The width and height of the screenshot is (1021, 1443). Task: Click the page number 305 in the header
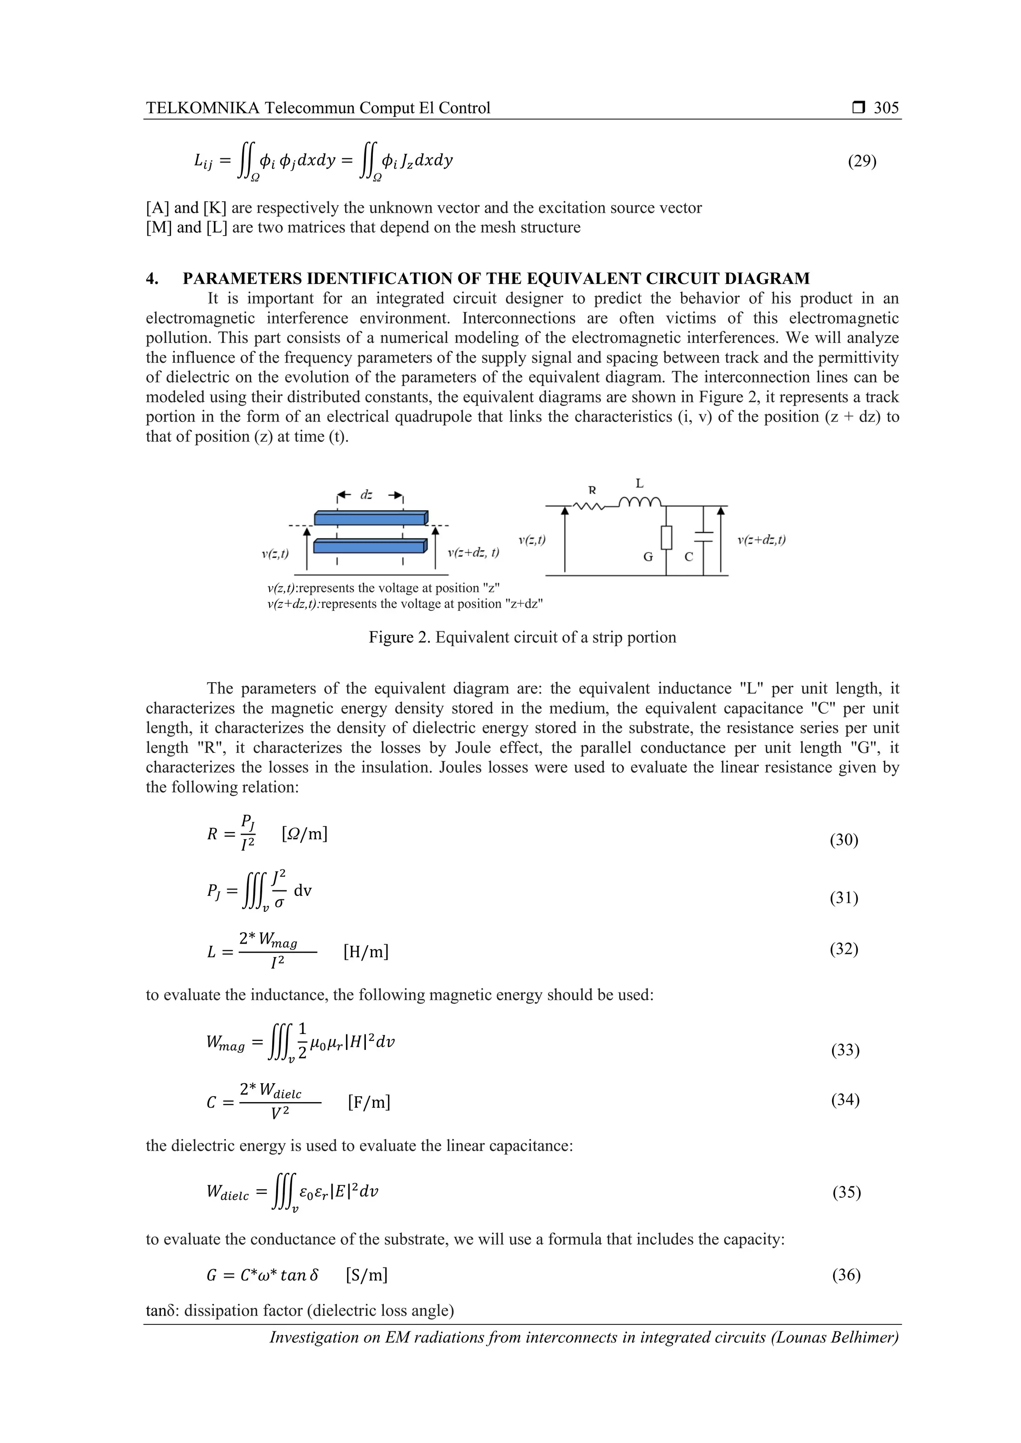[886, 108]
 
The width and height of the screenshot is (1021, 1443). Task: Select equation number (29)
[862, 161]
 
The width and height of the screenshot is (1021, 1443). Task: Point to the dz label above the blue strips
[366, 495]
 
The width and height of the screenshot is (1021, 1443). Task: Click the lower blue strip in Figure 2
[370, 546]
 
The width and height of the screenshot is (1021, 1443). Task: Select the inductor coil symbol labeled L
[640, 502]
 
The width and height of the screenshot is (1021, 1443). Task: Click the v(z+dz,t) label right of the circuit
[761, 540]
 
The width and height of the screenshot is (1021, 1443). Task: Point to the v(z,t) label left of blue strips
[275, 554]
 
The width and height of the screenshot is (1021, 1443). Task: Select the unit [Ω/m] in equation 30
[305, 834]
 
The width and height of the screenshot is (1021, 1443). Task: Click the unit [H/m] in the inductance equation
[366, 952]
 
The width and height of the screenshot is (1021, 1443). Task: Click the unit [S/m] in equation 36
[366, 1275]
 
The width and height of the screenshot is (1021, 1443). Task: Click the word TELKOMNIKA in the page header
[202, 108]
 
